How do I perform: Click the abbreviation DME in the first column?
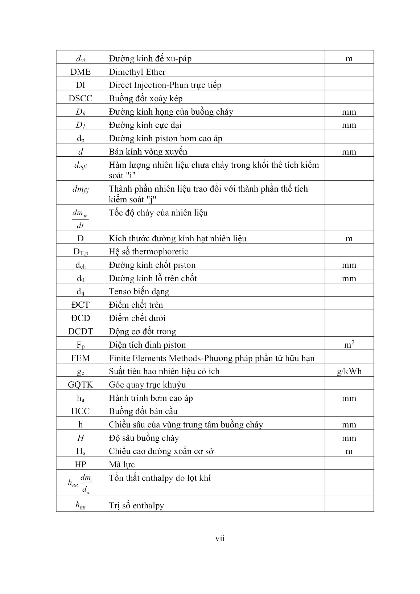coord(80,72)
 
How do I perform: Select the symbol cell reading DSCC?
coord(80,98)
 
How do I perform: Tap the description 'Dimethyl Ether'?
coord(137,72)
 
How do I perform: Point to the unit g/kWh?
coord(349,371)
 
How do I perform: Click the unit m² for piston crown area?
coord(349,345)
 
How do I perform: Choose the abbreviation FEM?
coord(80,358)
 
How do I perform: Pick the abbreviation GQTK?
coord(80,385)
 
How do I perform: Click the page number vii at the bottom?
coord(220,538)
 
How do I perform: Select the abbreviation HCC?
coord(80,411)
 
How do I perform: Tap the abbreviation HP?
coord(80,464)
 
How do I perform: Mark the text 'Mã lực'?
coord(122,464)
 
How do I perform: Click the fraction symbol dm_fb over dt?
coord(80,220)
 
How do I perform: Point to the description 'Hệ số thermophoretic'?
coord(148,251)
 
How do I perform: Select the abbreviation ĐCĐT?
coord(80,331)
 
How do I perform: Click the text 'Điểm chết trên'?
coord(136,305)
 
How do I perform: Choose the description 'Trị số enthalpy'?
coord(136,505)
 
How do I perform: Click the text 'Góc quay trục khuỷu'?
coord(147,385)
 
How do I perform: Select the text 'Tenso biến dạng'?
coord(139,291)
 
